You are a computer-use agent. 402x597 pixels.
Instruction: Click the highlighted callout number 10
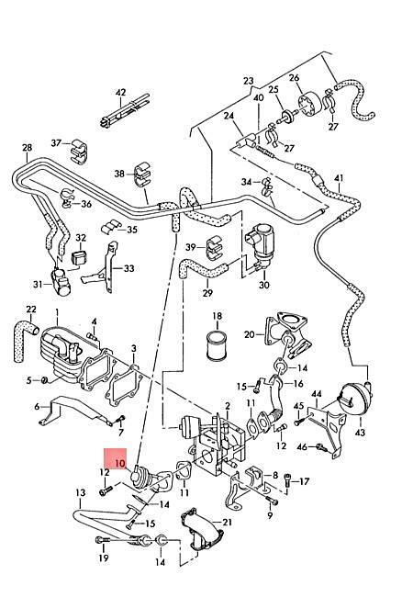tap(120, 463)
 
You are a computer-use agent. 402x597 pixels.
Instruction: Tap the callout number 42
tap(120, 93)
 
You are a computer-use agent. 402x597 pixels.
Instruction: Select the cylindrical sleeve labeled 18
tap(217, 345)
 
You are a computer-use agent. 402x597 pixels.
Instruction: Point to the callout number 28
tap(27, 147)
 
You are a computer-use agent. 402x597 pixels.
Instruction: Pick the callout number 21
tap(227, 522)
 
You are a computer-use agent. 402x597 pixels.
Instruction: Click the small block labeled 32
tap(79, 257)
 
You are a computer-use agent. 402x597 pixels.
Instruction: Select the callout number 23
tap(248, 81)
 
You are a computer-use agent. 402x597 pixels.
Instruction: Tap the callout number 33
tap(128, 268)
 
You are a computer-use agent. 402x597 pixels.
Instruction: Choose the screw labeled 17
tap(288, 481)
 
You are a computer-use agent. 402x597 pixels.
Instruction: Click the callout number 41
tap(339, 178)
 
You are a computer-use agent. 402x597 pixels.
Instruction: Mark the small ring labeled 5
tap(44, 379)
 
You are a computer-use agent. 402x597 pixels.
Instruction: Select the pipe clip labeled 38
tap(142, 174)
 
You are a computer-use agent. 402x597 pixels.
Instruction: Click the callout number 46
tap(302, 446)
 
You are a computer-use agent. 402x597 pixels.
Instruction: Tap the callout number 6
tap(37, 407)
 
